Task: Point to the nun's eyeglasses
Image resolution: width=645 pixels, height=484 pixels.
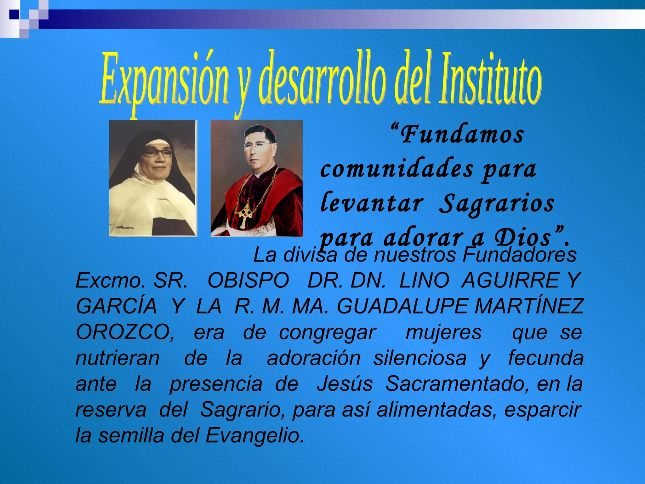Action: pos(157,153)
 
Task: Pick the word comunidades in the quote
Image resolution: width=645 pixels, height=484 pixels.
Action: pos(397,169)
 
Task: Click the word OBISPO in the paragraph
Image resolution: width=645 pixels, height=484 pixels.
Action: pos(248,280)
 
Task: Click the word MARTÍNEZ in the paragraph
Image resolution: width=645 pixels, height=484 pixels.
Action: pos(529,306)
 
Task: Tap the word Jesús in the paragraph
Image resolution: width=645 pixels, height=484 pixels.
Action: pos(345,384)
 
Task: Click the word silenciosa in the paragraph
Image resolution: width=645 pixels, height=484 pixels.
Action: pos(420,358)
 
